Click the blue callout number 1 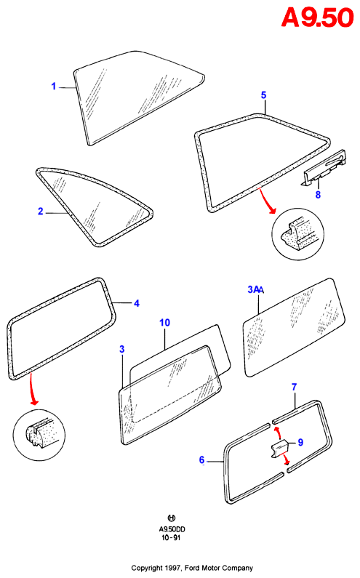(54, 87)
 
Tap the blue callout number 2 (41, 212)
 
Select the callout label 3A (255, 290)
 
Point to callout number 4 (137, 303)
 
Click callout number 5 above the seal (263, 95)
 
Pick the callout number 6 (201, 460)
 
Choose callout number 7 (294, 387)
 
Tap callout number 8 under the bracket (318, 195)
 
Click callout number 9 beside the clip (300, 442)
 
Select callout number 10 (164, 323)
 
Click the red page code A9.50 (317, 17)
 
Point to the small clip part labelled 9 (280, 449)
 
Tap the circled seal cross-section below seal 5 (297, 234)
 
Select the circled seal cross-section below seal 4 (39, 435)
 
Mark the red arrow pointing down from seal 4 (33, 390)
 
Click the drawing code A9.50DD (172, 529)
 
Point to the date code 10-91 (171, 537)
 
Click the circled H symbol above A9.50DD (172, 518)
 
